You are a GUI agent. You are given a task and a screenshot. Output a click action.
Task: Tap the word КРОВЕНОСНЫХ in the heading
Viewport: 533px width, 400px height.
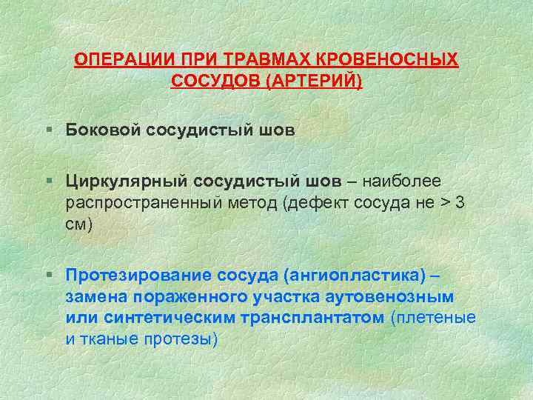point(399,60)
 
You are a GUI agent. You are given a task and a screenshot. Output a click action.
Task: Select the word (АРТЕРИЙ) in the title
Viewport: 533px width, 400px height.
point(318,79)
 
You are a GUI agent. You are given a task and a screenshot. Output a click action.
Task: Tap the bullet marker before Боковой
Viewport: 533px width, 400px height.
point(48,130)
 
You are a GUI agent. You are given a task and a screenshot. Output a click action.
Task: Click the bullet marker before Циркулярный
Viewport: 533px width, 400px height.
point(48,181)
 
